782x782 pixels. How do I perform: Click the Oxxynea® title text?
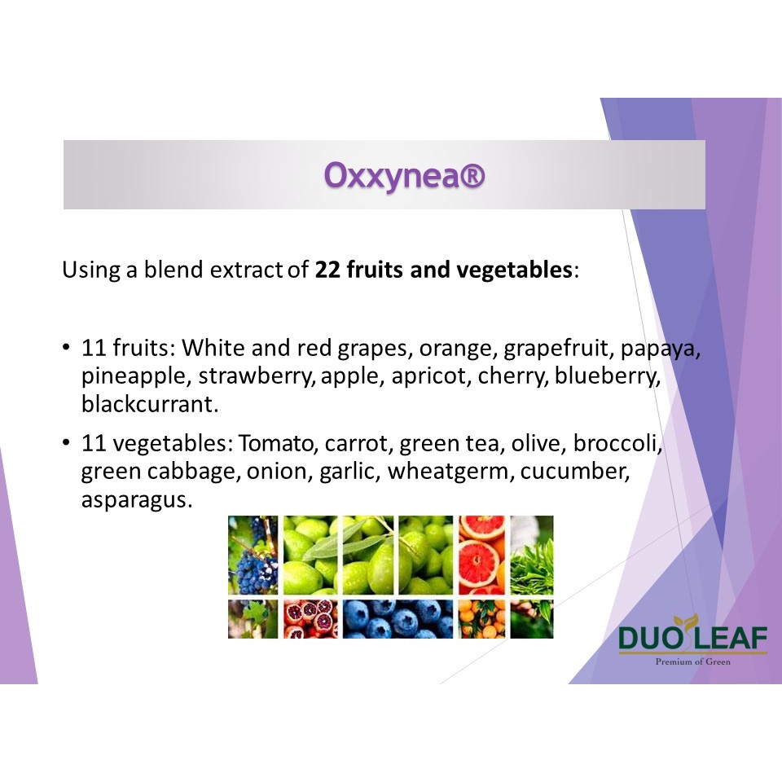point(405,175)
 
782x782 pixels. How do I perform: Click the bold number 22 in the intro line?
point(327,270)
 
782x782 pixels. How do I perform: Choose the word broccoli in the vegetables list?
point(615,443)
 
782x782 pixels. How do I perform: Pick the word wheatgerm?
point(447,472)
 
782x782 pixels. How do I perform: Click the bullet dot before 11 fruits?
point(66,347)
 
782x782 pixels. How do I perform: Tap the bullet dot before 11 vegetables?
point(66,442)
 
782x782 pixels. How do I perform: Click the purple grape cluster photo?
point(253,555)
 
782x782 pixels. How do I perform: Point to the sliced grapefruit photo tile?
point(481,555)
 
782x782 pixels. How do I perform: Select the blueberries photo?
point(398,619)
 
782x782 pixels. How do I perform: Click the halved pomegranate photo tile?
point(310,619)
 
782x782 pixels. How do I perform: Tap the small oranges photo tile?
point(481,619)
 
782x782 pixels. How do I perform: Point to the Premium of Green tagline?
point(692,661)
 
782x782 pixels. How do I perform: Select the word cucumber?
point(574,472)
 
